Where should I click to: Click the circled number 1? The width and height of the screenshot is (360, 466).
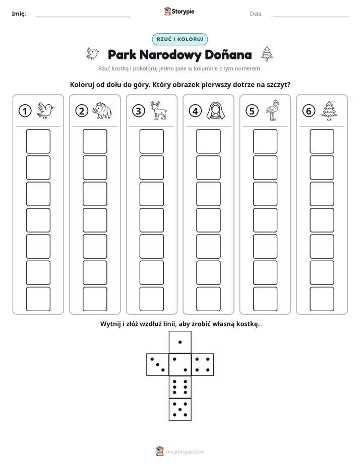click(25, 111)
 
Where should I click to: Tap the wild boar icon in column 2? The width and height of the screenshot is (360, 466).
click(102, 110)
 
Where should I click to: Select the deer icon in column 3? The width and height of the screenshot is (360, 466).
click(159, 110)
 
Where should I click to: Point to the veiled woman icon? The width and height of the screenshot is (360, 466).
click(215, 111)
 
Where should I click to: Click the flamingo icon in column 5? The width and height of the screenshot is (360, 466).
click(272, 110)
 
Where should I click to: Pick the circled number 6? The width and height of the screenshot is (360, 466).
click(309, 111)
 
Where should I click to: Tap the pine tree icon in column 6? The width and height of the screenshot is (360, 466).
click(329, 110)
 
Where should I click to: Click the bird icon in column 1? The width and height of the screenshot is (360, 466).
click(45, 111)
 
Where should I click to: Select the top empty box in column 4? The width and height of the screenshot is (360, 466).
click(209, 141)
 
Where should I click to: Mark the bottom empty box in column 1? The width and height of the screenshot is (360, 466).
click(38, 299)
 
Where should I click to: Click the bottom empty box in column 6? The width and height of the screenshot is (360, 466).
click(322, 299)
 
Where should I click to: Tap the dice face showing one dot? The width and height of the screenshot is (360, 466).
click(180, 342)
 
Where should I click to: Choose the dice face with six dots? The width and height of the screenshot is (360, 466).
click(180, 387)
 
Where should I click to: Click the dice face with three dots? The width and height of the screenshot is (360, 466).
click(158, 365)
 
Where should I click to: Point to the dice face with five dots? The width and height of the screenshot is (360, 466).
click(180, 410)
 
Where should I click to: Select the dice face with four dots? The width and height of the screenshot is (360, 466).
click(203, 365)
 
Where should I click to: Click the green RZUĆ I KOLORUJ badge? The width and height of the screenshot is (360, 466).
click(180, 39)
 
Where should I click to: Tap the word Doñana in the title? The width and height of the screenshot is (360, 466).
click(228, 54)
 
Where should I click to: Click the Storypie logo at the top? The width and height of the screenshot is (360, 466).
click(179, 12)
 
